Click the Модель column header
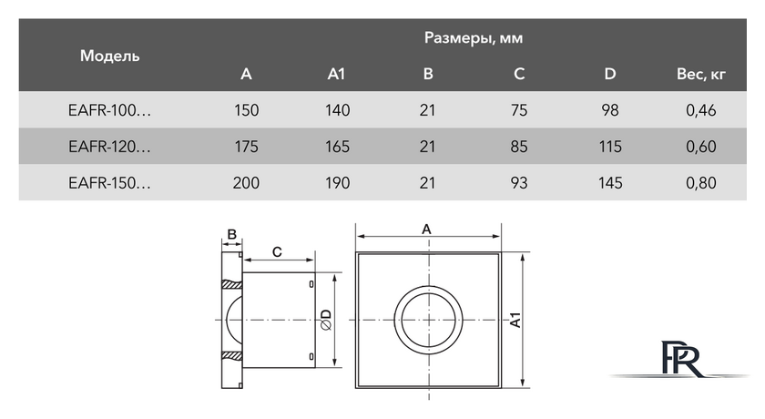110,56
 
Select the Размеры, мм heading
474,38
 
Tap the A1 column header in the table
336,74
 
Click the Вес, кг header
700,74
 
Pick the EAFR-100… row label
110,110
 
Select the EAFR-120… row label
110,147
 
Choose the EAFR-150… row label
110,183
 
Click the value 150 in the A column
247,110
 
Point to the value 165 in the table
337,147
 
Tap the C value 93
518,183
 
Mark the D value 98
610,110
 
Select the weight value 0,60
701,147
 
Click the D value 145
610,183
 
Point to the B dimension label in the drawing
231,234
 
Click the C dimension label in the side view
277,252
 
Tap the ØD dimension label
326,320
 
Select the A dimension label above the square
426,230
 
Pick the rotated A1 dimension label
515,320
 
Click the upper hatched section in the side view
231,284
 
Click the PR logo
681,358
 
